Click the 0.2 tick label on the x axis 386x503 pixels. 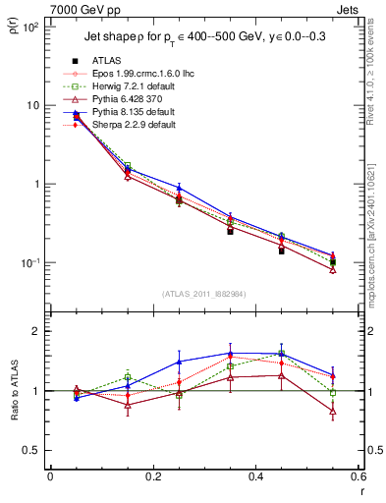pyautogui.click(x=152, y=478)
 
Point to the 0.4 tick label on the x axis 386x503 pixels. pyautogui.click(x=255, y=478)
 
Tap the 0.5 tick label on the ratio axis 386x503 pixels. pyautogui.click(x=32, y=450)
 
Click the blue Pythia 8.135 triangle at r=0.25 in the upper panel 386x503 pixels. pyautogui.click(x=179, y=187)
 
